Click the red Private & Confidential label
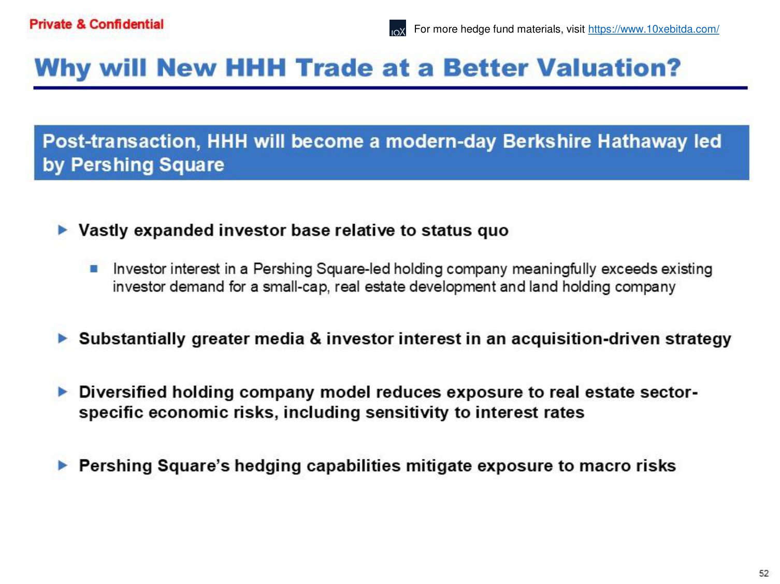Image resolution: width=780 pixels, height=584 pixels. pos(96,24)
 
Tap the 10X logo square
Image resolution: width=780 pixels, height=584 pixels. pos(398,28)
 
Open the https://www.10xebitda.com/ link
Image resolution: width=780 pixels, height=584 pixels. pos(654,29)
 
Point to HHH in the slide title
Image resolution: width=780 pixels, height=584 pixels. pos(255,68)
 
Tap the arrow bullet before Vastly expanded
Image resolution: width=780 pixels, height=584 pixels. pos(63,230)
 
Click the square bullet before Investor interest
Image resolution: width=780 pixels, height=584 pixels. pos(94,268)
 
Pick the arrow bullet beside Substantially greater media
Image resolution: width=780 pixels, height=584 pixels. pos(63,338)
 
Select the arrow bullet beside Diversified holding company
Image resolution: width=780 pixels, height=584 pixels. pos(63,392)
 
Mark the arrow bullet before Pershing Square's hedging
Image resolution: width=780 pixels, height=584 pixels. pos(63,465)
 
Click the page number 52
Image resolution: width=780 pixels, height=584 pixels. pos(764,573)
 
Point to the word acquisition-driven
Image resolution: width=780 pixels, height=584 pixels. pos(586,339)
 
